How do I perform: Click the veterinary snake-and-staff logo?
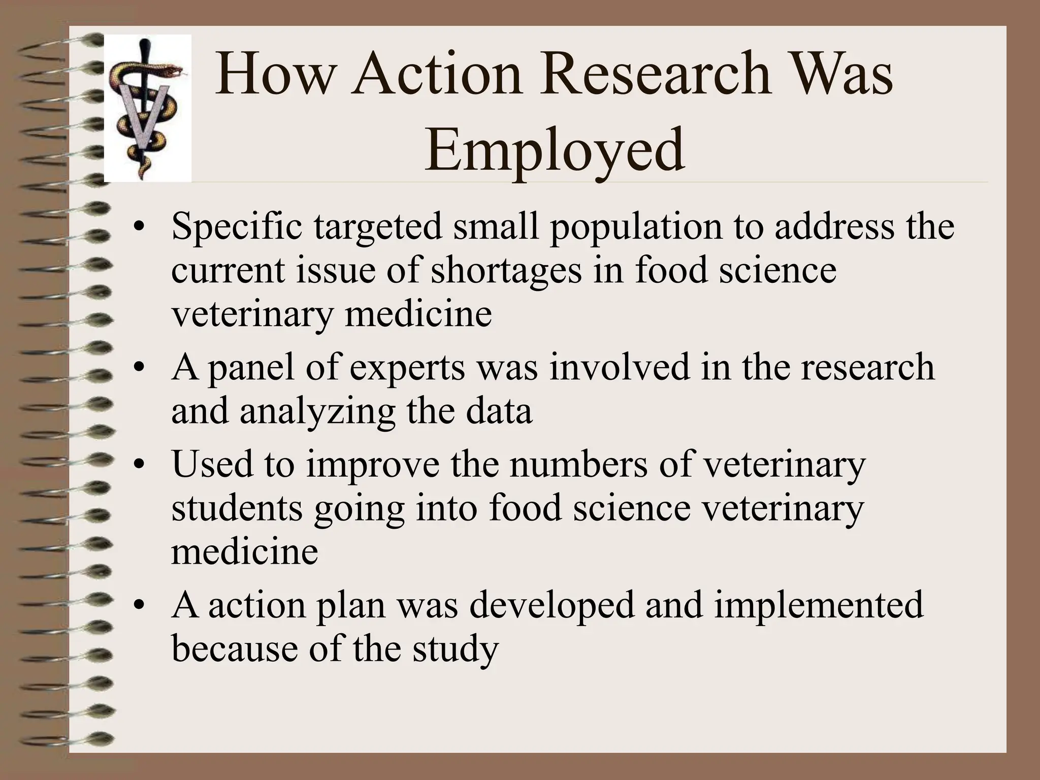click(x=147, y=108)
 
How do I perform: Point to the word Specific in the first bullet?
click(x=236, y=227)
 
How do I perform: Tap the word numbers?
click(x=578, y=464)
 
